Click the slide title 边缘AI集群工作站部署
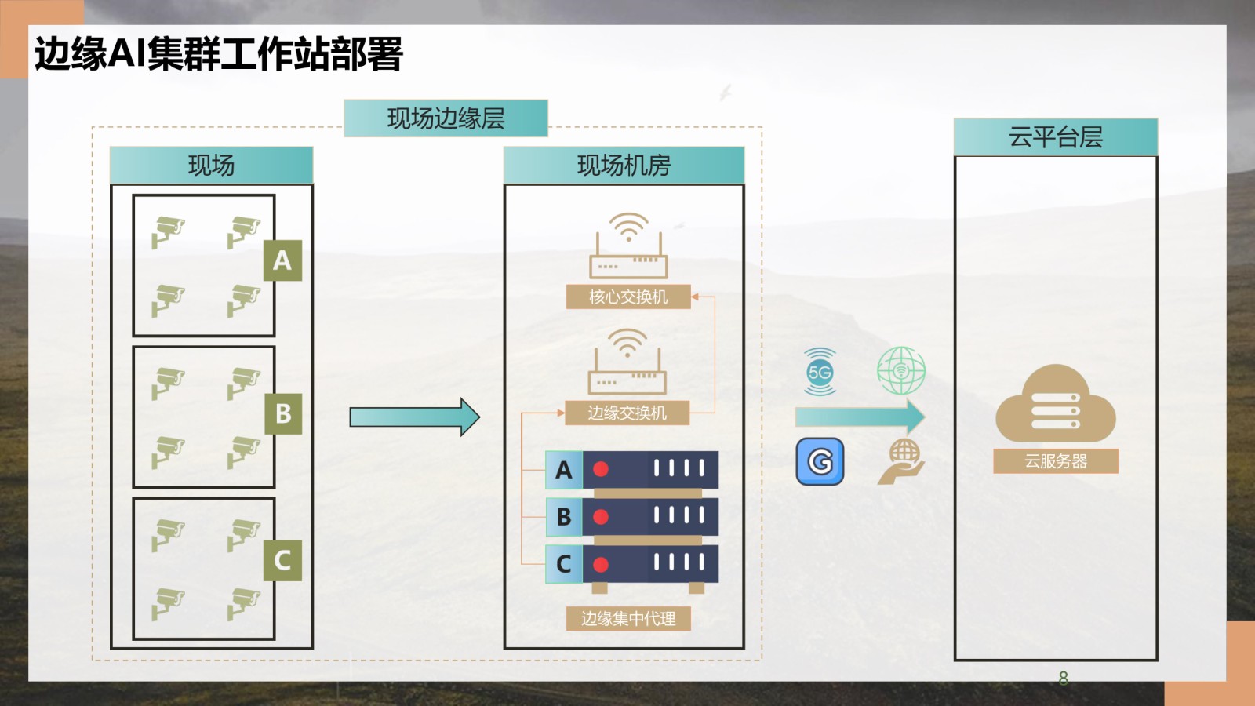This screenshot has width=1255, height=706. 218,54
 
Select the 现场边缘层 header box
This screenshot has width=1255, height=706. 446,118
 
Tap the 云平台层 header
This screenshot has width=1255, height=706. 1055,137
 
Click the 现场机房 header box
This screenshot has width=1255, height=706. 624,166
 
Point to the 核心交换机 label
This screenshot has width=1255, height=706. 628,297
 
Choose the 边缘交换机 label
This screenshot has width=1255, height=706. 627,413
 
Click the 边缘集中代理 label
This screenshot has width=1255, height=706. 628,619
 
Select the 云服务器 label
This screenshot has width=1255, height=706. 1055,461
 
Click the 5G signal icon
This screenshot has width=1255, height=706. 820,372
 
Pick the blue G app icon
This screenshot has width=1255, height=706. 820,461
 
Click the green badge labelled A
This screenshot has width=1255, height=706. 282,260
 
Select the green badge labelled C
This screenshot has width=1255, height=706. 282,560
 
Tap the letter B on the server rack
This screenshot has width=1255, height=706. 564,517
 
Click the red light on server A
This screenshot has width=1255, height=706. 601,469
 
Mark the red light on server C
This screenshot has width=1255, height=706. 601,564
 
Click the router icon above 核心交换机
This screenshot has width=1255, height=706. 628,246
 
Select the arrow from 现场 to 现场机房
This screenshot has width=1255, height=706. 414,417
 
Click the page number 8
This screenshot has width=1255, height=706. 1063,678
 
